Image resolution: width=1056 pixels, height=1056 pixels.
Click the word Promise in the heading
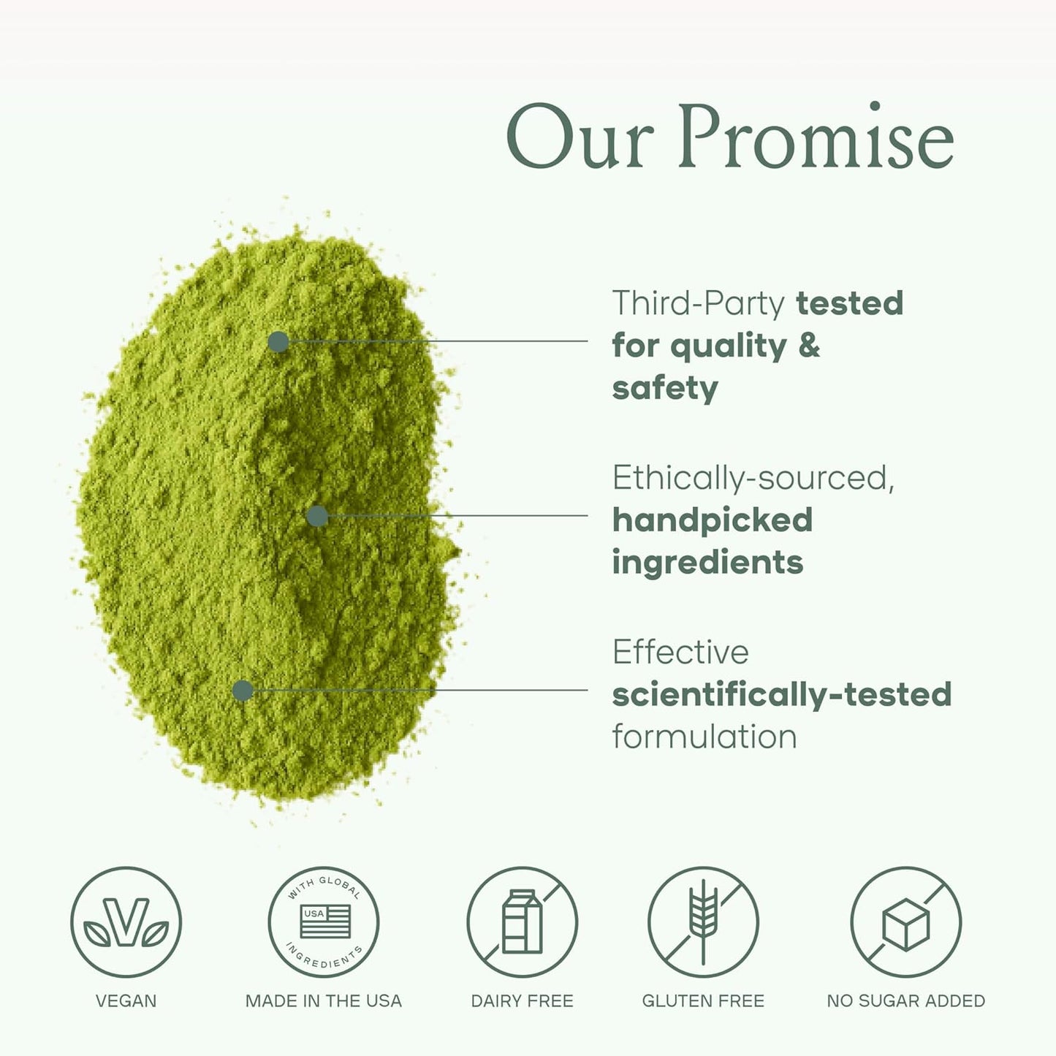pyautogui.click(x=816, y=137)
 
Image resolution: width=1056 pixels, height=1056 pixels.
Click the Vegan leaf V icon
pyautogui.click(x=126, y=922)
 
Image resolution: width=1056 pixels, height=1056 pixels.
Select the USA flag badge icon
pyautogui.click(x=324, y=922)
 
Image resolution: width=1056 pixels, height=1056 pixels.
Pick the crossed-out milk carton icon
pyautogui.click(x=523, y=922)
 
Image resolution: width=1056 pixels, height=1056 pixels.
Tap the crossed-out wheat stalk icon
pyautogui.click(x=703, y=922)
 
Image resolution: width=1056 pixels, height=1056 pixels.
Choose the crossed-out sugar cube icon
pyautogui.click(x=906, y=922)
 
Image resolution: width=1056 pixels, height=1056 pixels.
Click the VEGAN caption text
pyautogui.click(x=126, y=1000)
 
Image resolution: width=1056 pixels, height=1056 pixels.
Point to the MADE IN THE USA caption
pyautogui.click(x=324, y=1000)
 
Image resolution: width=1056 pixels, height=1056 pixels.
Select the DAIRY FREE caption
pyautogui.click(x=523, y=1000)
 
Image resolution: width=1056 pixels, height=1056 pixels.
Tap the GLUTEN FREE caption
pyautogui.click(x=703, y=1000)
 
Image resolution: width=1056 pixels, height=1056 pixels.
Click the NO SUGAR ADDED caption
pyautogui.click(x=906, y=1000)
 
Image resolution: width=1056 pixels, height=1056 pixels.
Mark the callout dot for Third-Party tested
pyautogui.click(x=278, y=341)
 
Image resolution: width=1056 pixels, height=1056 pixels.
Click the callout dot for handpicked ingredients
pyautogui.click(x=317, y=516)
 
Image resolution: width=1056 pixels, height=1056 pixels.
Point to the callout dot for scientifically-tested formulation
pyautogui.click(x=243, y=691)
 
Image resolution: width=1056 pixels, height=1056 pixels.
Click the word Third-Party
pyautogui.click(x=698, y=303)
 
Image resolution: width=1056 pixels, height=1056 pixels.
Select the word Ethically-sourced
pyautogui.click(x=753, y=478)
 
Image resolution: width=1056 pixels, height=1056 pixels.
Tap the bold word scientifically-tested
pyautogui.click(x=781, y=694)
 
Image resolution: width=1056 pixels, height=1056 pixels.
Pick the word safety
pyautogui.click(x=665, y=389)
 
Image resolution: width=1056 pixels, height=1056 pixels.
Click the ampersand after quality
pyautogui.click(x=809, y=346)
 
